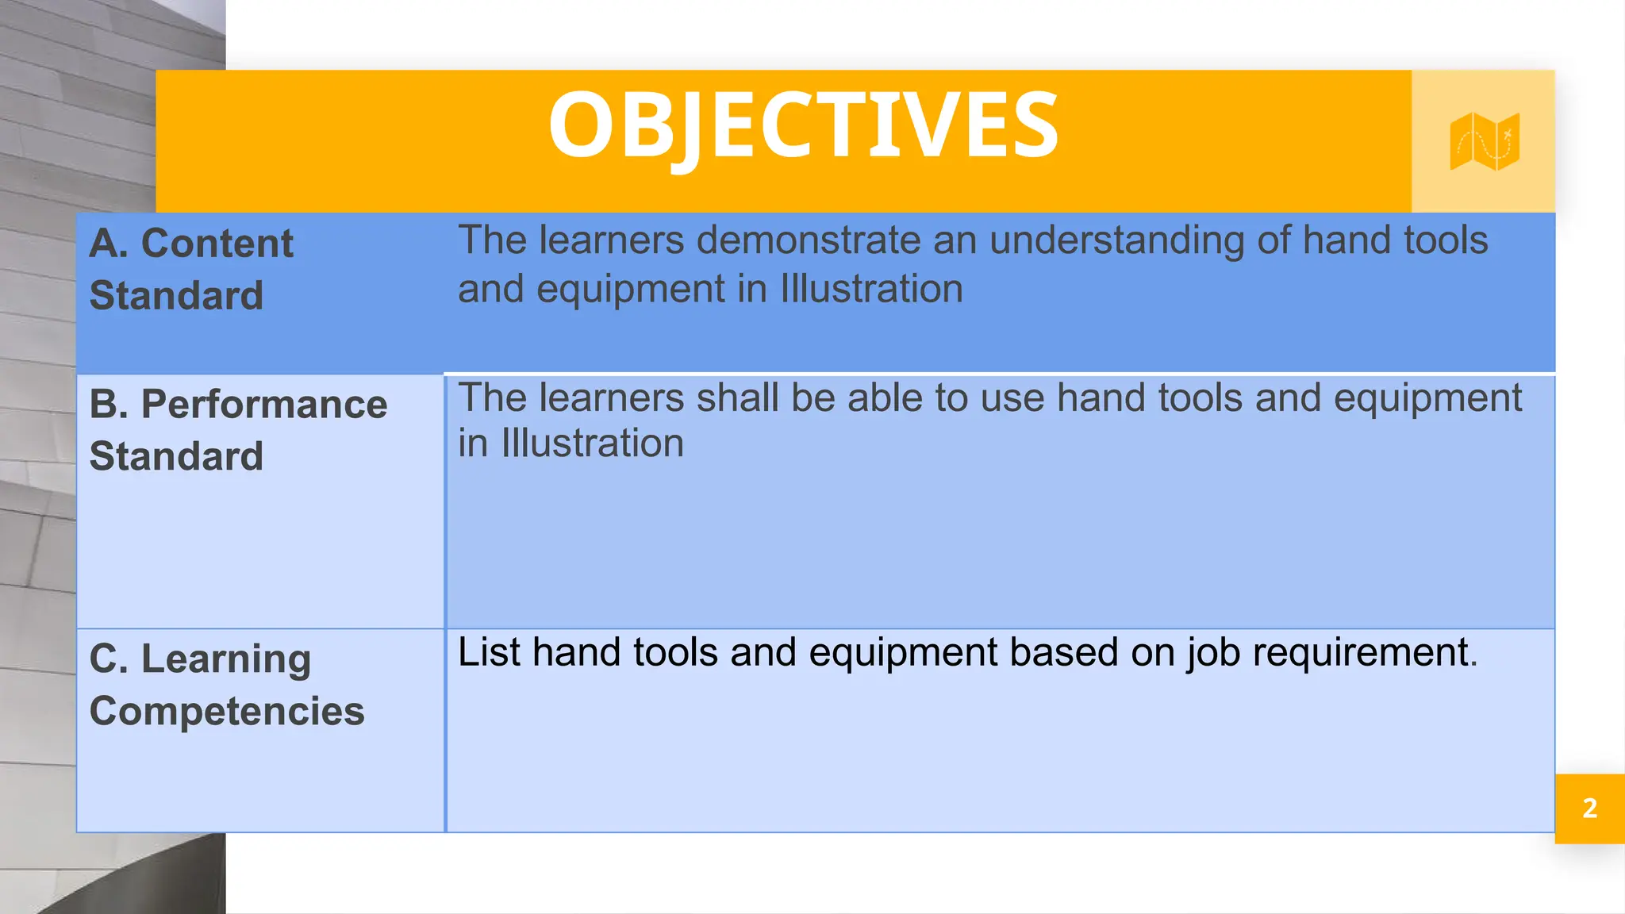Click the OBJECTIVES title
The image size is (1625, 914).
click(803, 125)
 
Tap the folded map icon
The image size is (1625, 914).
click(1484, 141)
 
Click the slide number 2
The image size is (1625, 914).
click(1589, 808)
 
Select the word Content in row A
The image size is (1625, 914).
click(217, 243)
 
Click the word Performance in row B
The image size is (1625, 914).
click(264, 405)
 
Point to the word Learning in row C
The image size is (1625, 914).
click(226, 660)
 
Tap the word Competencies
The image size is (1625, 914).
click(227, 711)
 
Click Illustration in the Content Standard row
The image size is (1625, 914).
click(871, 289)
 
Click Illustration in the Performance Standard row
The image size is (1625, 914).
click(592, 444)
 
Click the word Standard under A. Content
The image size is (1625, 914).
click(176, 296)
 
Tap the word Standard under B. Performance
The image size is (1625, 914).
click(176, 456)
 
